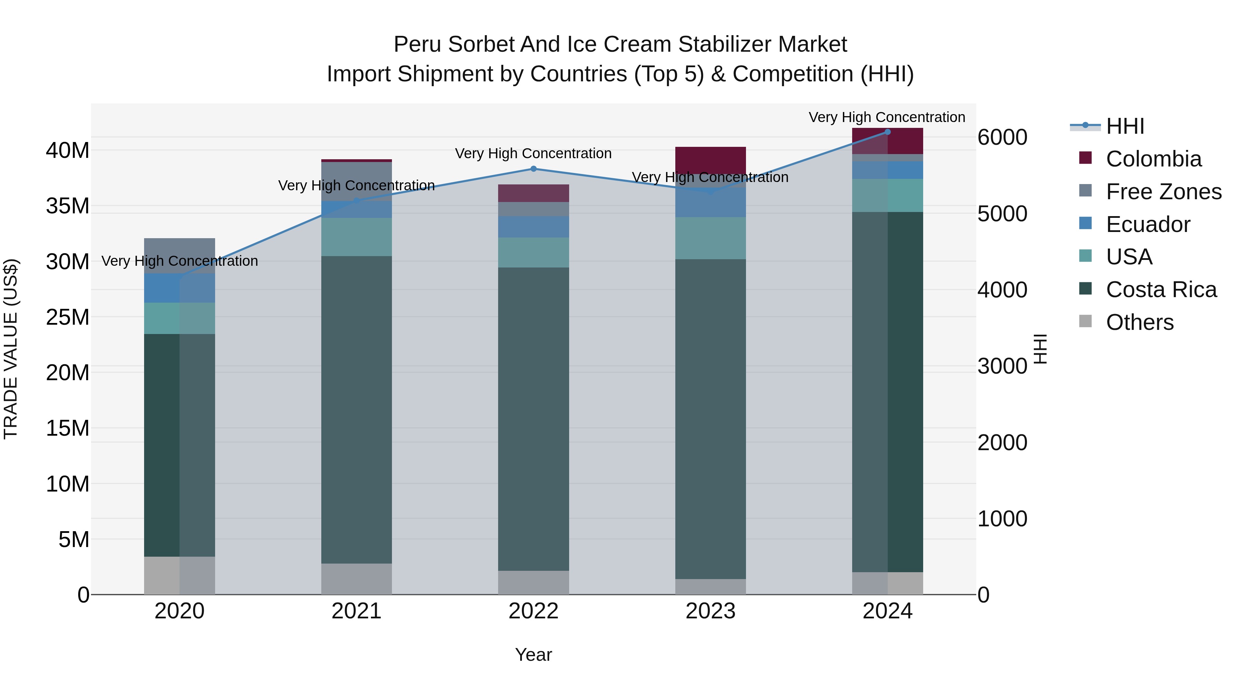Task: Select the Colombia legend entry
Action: click(x=1153, y=159)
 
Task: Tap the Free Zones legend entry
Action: click(x=1163, y=192)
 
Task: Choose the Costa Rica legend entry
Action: click(x=1161, y=290)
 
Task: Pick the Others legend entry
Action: click(x=1139, y=322)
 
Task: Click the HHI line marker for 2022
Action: click(x=533, y=169)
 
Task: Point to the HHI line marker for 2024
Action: click(x=887, y=132)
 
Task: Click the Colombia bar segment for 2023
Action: click(x=710, y=160)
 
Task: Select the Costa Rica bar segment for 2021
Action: click(x=356, y=409)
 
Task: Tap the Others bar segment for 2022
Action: click(x=533, y=583)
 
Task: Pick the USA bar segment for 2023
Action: click(x=710, y=238)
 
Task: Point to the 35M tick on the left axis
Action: click(x=68, y=206)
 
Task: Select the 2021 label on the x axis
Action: click(x=356, y=611)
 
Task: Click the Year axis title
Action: click(x=533, y=655)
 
